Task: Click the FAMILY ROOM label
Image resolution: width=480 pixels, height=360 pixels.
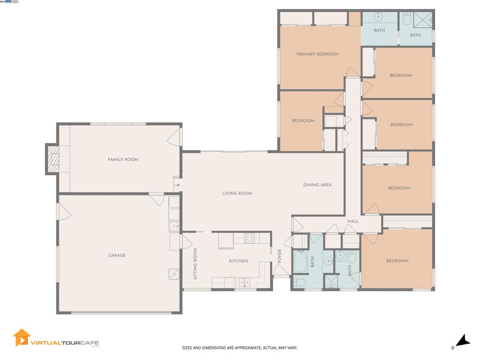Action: click(x=123, y=159)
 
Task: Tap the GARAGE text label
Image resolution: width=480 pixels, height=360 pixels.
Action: click(x=117, y=255)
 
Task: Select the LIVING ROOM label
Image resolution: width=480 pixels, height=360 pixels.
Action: click(x=237, y=193)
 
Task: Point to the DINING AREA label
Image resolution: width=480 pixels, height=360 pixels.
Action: click(x=317, y=185)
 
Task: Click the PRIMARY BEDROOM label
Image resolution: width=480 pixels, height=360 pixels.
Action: click(x=317, y=54)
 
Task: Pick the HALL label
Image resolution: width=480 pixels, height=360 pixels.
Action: click(x=353, y=221)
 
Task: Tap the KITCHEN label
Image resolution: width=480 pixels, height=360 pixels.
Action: click(x=238, y=261)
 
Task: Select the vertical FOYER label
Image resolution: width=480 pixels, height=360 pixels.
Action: click(x=280, y=256)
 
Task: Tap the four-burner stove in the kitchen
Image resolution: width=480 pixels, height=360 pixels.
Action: click(x=249, y=238)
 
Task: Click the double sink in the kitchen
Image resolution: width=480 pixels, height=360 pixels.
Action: click(x=244, y=282)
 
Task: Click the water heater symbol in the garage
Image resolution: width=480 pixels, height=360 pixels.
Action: click(x=174, y=274)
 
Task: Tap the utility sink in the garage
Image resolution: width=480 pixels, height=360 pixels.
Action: click(x=174, y=226)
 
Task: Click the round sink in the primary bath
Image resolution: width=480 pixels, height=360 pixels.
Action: click(x=379, y=17)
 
